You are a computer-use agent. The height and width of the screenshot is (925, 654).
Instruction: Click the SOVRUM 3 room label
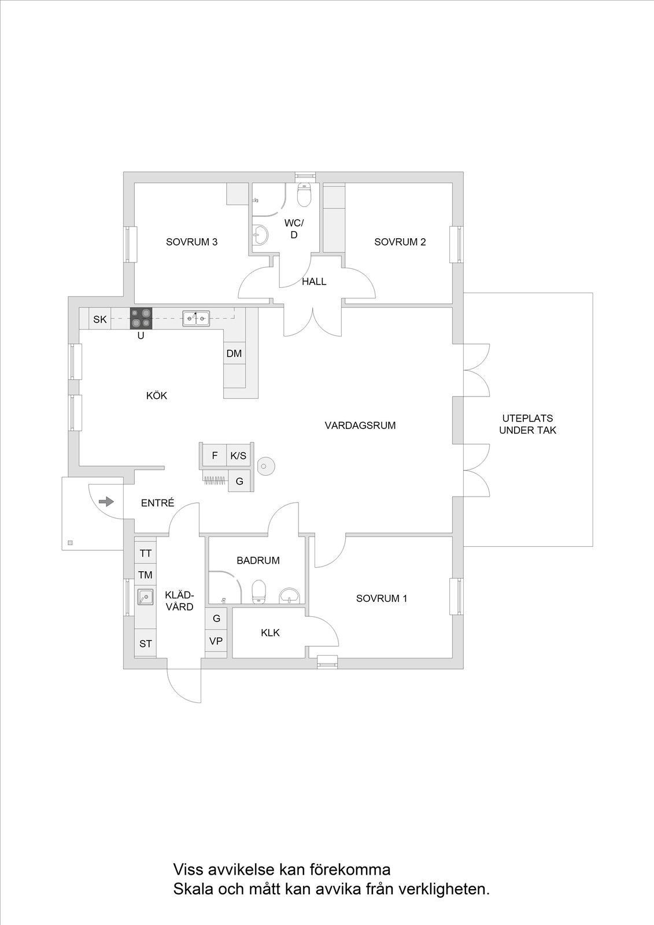(x=192, y=242)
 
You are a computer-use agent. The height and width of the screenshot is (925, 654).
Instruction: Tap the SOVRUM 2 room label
(x=400, y=242)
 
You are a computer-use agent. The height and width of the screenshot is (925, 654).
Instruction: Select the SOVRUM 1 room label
(x=382, y=598)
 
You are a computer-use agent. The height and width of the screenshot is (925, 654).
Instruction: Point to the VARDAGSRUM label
(x=360, y=425)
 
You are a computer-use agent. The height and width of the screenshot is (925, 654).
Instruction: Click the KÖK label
(x=157, y=395)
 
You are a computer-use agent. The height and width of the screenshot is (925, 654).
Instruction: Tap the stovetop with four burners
(x=141, y=319)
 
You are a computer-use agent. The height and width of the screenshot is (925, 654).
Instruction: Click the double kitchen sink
(x=196, y=319)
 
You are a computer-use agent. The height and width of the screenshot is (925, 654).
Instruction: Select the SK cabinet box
(x=100, y=319)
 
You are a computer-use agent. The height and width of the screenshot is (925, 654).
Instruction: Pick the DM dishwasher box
(x=234, y=353)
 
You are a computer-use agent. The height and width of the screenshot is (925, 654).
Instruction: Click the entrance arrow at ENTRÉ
(x=106, y=502)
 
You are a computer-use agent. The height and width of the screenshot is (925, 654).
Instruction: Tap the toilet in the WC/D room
(x=304, y=195)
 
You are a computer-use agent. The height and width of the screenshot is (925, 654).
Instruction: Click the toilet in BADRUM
(x=258, y=592)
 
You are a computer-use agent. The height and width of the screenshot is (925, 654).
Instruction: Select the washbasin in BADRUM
(x=290, y=596)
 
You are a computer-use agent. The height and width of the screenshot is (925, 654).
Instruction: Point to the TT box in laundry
(x=145, y=553)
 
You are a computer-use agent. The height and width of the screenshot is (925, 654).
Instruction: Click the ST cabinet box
(x=145, y=644)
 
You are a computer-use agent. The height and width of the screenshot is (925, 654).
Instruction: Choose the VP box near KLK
(x=216, y=641)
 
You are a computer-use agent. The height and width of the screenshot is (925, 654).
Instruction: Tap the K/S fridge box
(x=238, y=456)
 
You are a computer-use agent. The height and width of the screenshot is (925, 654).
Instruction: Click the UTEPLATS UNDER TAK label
(x=527, y=424)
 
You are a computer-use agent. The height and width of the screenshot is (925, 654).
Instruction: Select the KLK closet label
(x=270, y=632)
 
